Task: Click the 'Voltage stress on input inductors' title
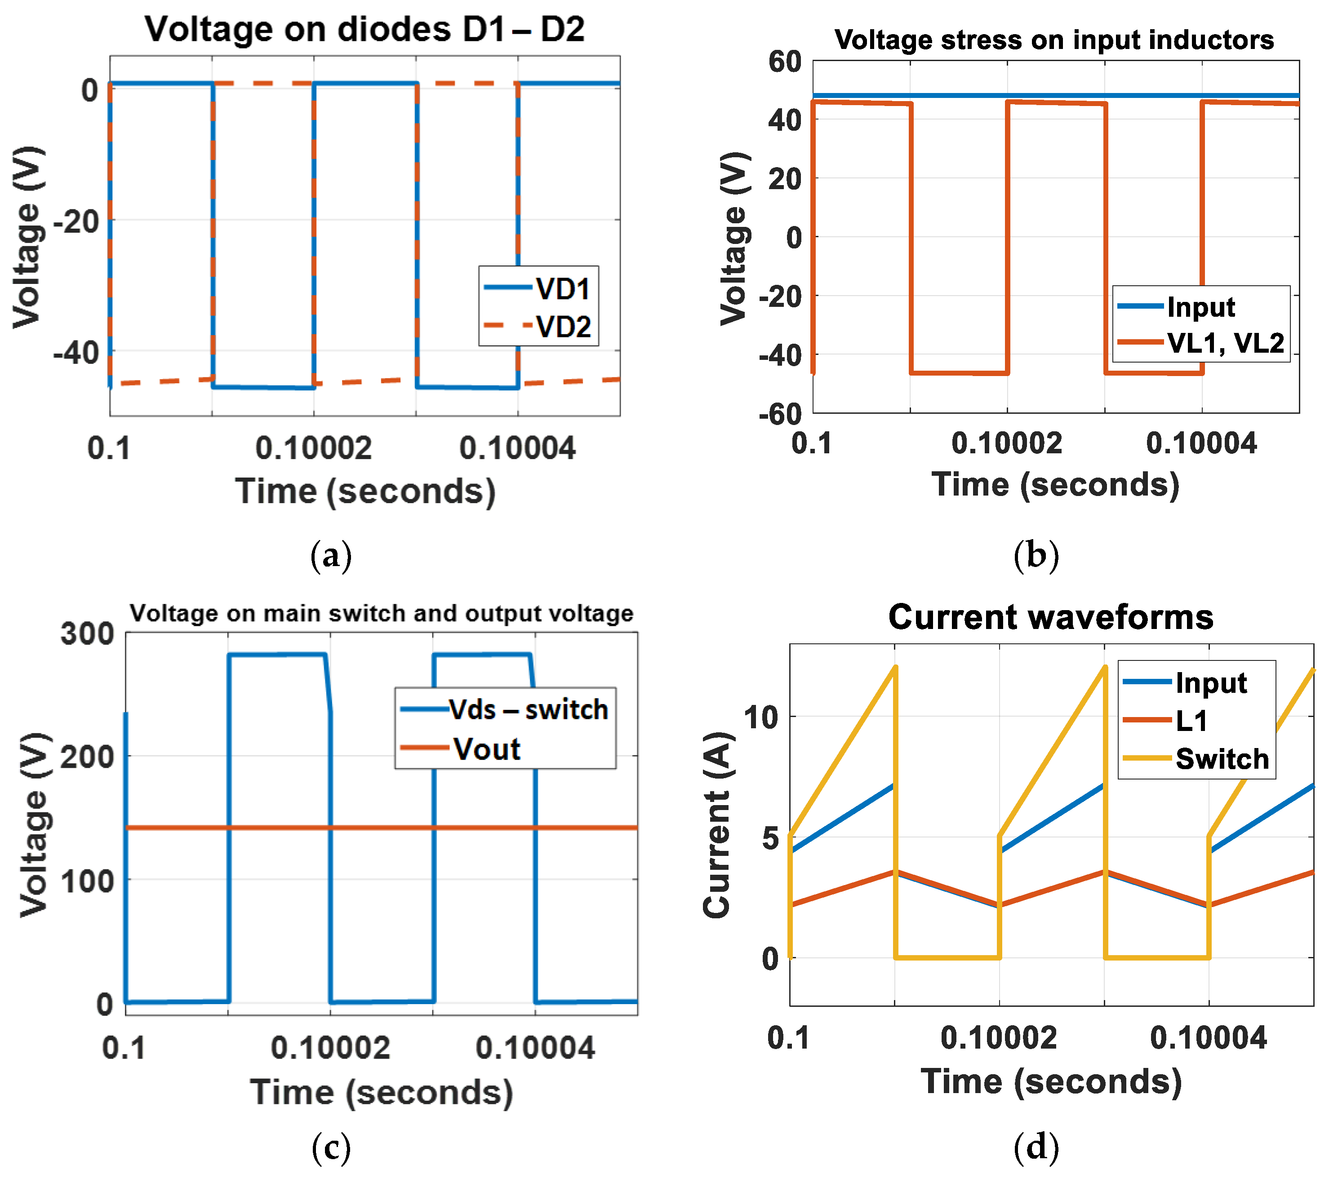1053,40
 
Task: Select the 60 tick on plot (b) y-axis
784,62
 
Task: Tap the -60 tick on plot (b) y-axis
780,414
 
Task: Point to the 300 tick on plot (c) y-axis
87,634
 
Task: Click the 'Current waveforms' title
1050,617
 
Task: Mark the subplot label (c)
331,1147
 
